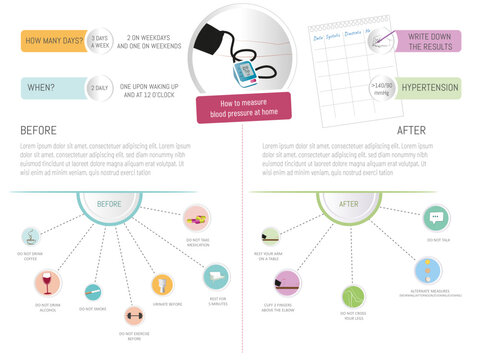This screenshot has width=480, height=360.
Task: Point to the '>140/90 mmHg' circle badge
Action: [x=381, y=88]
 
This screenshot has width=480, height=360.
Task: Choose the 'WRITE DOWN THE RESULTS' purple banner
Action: [x=428, y=40]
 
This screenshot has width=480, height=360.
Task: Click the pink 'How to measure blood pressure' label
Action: [x=243, y=107]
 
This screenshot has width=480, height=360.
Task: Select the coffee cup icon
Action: [x=32, y=237]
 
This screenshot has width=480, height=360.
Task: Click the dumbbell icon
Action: [x=132, y=317]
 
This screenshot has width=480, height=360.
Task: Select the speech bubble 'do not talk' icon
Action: [x=435, y=217]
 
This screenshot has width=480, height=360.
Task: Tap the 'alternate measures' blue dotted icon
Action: [x=429, y=270]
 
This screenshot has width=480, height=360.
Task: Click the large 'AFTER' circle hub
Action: [x=351, y=204]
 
